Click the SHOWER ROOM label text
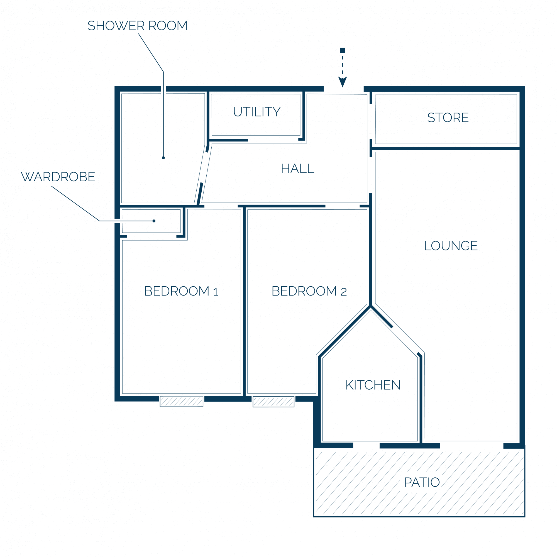click(x=138, y=26)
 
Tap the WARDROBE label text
click(x=58, y=177)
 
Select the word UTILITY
click(x=256, y=112)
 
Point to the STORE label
click(x=448, y=118)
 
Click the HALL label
click(x=297, y=169)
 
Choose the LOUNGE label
click(x=451, y=246)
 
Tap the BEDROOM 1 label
click(x=181, y=291)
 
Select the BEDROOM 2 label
click(x=309, y=291)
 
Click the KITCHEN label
click(x=373, y=385)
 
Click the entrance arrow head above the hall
click(x=343, y=82)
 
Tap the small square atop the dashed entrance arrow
click(x=343, y=50)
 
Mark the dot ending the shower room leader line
click(x=163, y=158)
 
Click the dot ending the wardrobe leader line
click(x=154, y=221)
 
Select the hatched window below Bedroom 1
click(x=182, y=401)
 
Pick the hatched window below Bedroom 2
click(x=273, y=402)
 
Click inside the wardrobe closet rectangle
click(x=151, y=221)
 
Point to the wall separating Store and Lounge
click(x=446, y=148)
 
